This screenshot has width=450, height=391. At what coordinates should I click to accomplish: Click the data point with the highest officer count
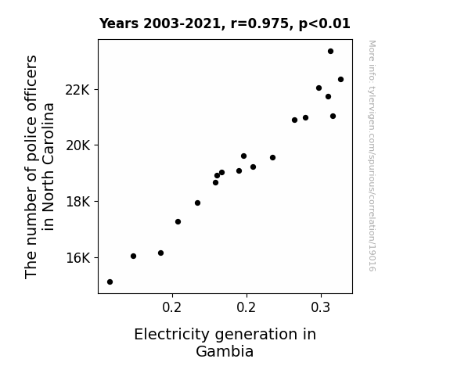[x=330, y=52]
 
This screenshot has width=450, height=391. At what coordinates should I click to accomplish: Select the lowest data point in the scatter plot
[x=110, y=282]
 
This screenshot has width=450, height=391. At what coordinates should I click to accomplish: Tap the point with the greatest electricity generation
[x=340, y=80]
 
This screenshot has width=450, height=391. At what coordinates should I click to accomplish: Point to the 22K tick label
[x=77, y=90]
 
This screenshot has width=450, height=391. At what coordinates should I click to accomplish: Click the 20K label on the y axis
[x=77, y=145]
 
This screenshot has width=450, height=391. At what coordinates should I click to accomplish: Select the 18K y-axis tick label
[x=77, y=202]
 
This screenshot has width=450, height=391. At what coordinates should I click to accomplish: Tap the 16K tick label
[x=77, y=258]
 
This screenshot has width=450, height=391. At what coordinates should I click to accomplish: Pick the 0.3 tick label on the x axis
[x=321, y=307]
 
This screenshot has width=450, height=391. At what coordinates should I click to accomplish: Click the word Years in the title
[x=119, y=23]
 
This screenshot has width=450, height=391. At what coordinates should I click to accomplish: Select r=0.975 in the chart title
[x=260, y=23]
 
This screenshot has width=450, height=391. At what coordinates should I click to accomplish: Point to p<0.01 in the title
[x=325, y=24]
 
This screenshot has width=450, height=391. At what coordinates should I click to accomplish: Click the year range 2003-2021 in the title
[x=182, y=23]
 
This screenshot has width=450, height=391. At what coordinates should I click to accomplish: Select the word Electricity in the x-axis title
[x=171, y=335]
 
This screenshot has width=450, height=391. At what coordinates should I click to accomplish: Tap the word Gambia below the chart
[x=225, y=351]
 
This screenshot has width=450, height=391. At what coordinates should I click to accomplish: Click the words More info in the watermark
[x=372, y=57]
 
